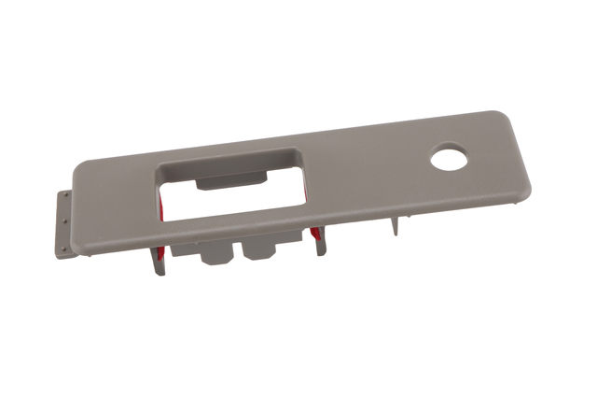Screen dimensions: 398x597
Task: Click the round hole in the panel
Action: [x=449, y=158]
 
